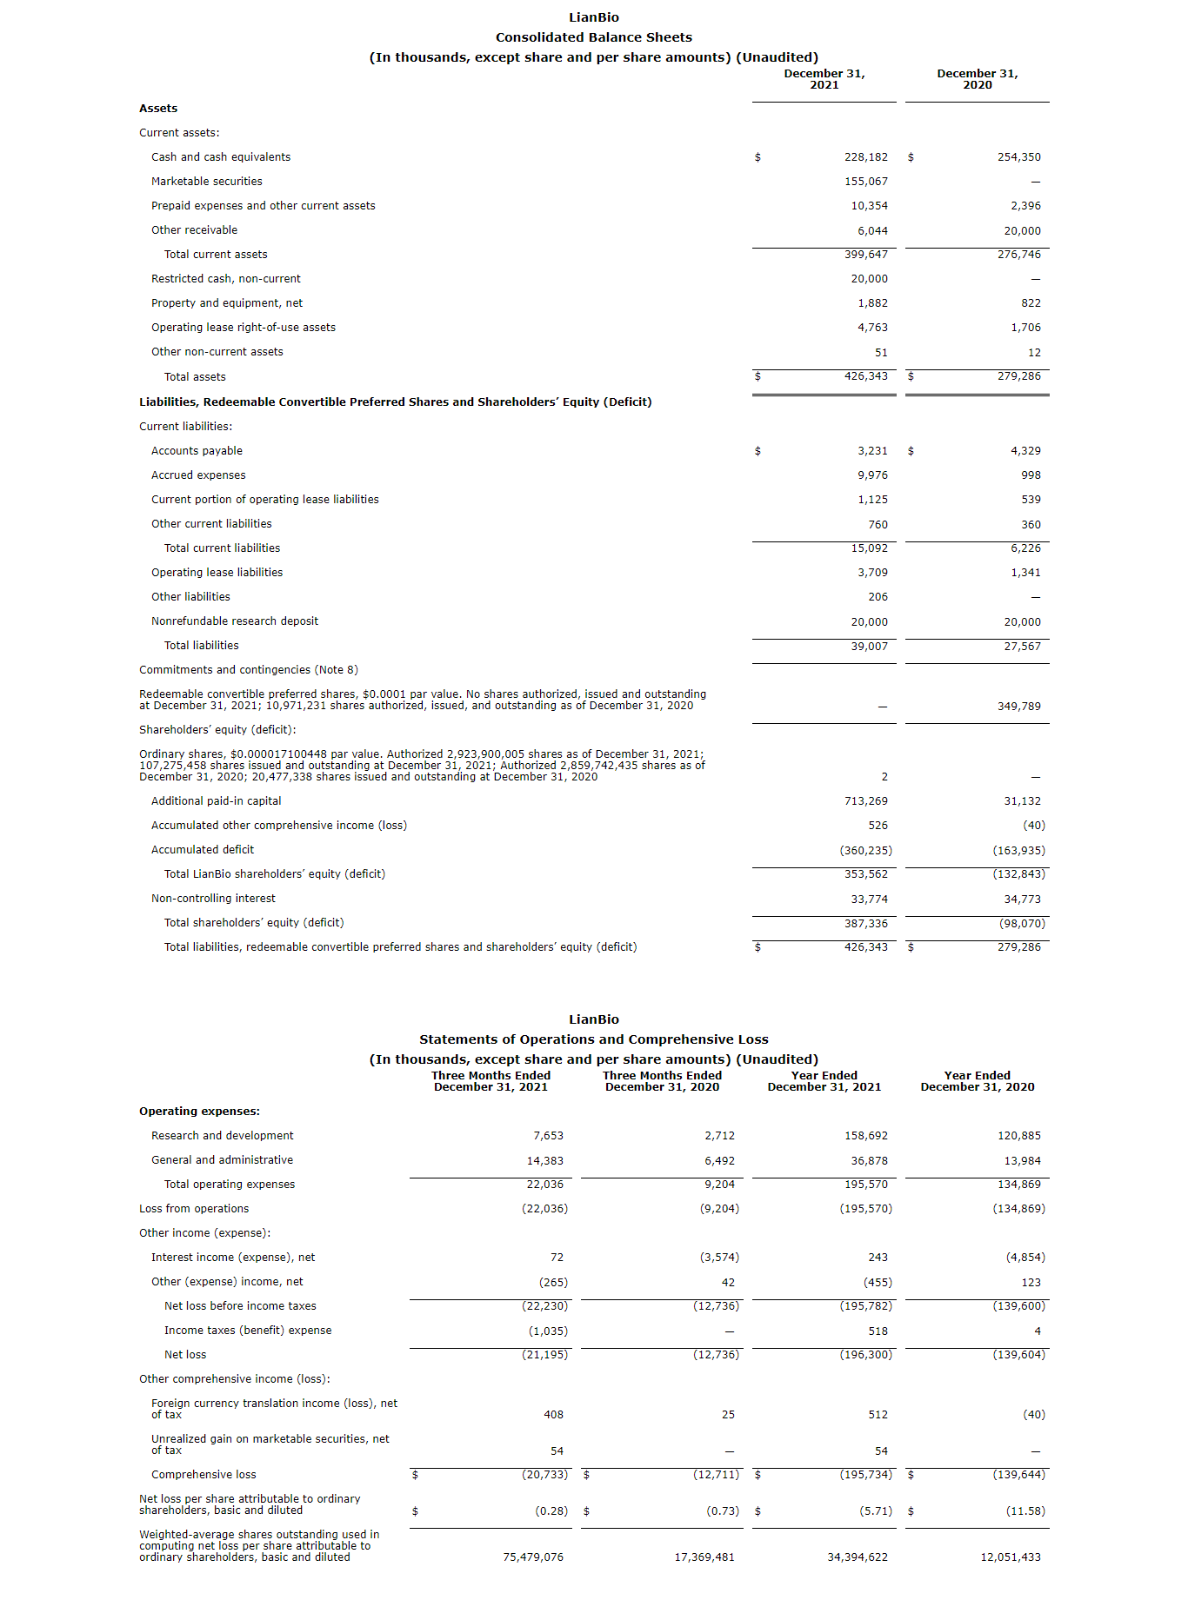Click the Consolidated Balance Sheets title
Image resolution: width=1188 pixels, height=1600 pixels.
click(x=594, y=37)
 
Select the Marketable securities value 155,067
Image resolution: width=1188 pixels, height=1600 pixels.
click(x=865, y=182)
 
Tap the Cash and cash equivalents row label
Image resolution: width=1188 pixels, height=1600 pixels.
click(x=221, y=157)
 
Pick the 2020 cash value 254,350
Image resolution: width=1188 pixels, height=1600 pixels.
click(x=1018, y=157)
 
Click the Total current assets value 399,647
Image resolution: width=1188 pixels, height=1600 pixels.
click(x=865, y=255)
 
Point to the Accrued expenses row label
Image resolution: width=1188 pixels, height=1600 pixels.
click(x=198, y=475)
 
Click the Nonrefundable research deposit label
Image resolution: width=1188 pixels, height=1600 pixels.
click(x=235, y=621)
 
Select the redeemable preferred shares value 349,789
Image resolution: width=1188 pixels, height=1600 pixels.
click(x=1018, y=707)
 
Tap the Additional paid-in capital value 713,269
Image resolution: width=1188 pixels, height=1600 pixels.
click(x=865, y=801)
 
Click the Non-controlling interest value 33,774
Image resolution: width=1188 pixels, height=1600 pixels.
click(x=869, y=900)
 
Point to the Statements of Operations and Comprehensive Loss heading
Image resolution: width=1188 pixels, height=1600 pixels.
click(x=594, y=1039)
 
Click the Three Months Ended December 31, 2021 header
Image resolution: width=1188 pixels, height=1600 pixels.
click(x=491, y=1081)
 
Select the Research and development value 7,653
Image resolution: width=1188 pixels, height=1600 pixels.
click(x=548, y=1136)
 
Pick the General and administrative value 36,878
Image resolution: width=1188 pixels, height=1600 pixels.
click(x=869, y=1161)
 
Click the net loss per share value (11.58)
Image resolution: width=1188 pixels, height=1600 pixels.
click(x=1025, y=1511)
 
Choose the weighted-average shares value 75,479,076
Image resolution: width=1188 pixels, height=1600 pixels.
click(x=533, y=1557)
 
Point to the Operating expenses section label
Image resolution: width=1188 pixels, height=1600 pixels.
click(x=199, y=1112)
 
